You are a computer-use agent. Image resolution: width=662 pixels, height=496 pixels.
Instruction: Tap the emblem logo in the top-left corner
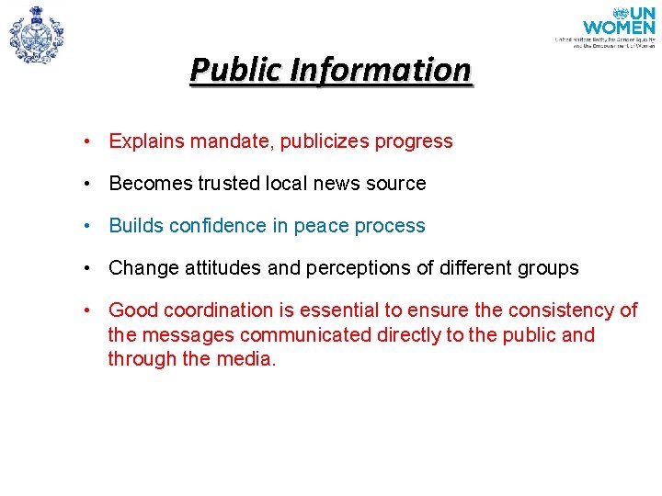click(36, 34)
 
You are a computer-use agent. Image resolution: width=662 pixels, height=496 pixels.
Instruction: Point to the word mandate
click(229, 141)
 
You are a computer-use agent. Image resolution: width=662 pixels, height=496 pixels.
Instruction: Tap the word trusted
click(230, 184)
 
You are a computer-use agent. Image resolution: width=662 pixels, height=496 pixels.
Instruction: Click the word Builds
click(134, 226)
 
